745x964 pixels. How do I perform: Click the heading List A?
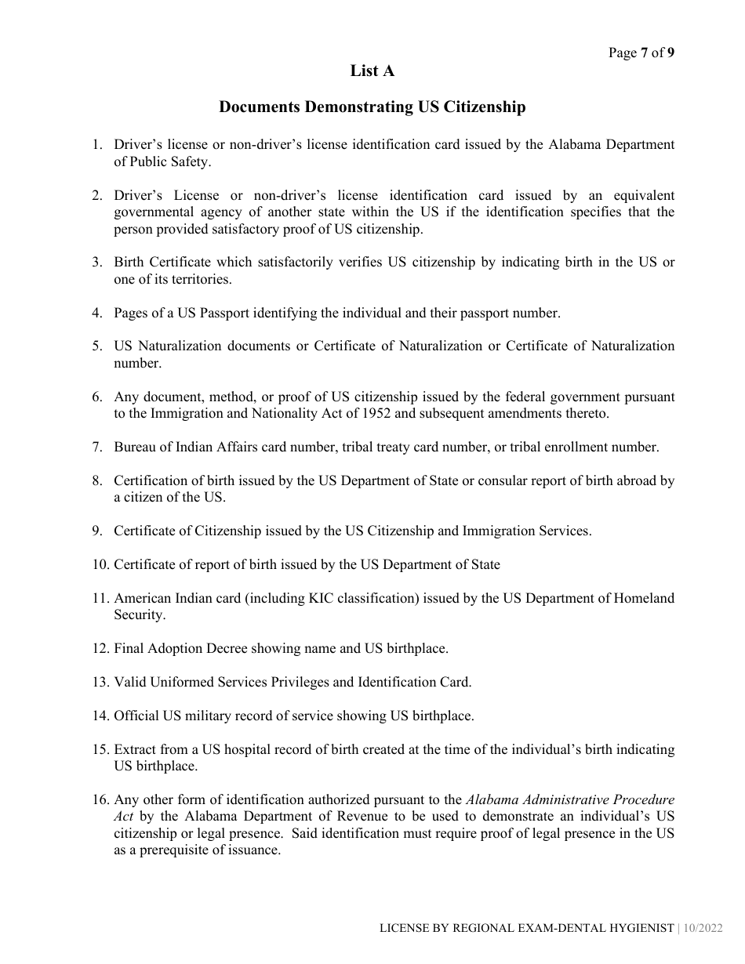[372, 71]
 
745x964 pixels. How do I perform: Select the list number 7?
[97, 448]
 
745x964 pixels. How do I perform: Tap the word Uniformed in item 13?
[182, 682]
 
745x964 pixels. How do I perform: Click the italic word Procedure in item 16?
[644, 800]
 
